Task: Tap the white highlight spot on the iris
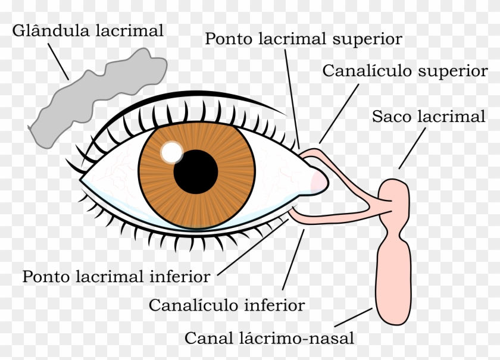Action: coord(172,152)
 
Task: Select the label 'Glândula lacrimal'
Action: coord(87,32)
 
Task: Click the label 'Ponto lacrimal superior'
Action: coord(303,39)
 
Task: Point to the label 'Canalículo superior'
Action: coord(405,71)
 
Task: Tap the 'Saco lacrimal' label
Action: coord(429,117)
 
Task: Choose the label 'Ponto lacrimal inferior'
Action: coord(116,277)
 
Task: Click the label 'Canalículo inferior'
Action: coord(227,305)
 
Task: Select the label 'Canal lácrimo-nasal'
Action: coord(270,339)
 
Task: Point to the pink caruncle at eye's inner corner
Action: coord(318,180)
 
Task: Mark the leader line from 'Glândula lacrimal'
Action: coord(58,61)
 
